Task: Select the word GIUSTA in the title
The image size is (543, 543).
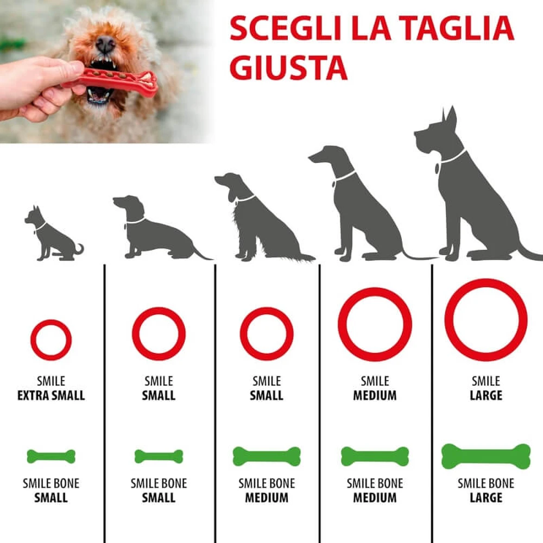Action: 288,67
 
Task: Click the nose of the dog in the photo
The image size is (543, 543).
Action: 105,44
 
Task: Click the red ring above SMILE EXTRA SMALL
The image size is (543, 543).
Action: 32,340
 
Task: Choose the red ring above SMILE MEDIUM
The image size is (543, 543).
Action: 342,324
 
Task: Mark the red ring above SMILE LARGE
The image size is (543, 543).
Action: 449,320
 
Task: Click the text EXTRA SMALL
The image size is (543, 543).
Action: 51,395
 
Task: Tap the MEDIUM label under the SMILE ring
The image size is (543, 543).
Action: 375,395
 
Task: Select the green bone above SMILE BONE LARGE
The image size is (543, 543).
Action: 486,457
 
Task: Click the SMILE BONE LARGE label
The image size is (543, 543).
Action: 486,490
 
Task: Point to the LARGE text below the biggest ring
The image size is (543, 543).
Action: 486,395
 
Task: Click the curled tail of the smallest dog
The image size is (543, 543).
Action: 80,249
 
